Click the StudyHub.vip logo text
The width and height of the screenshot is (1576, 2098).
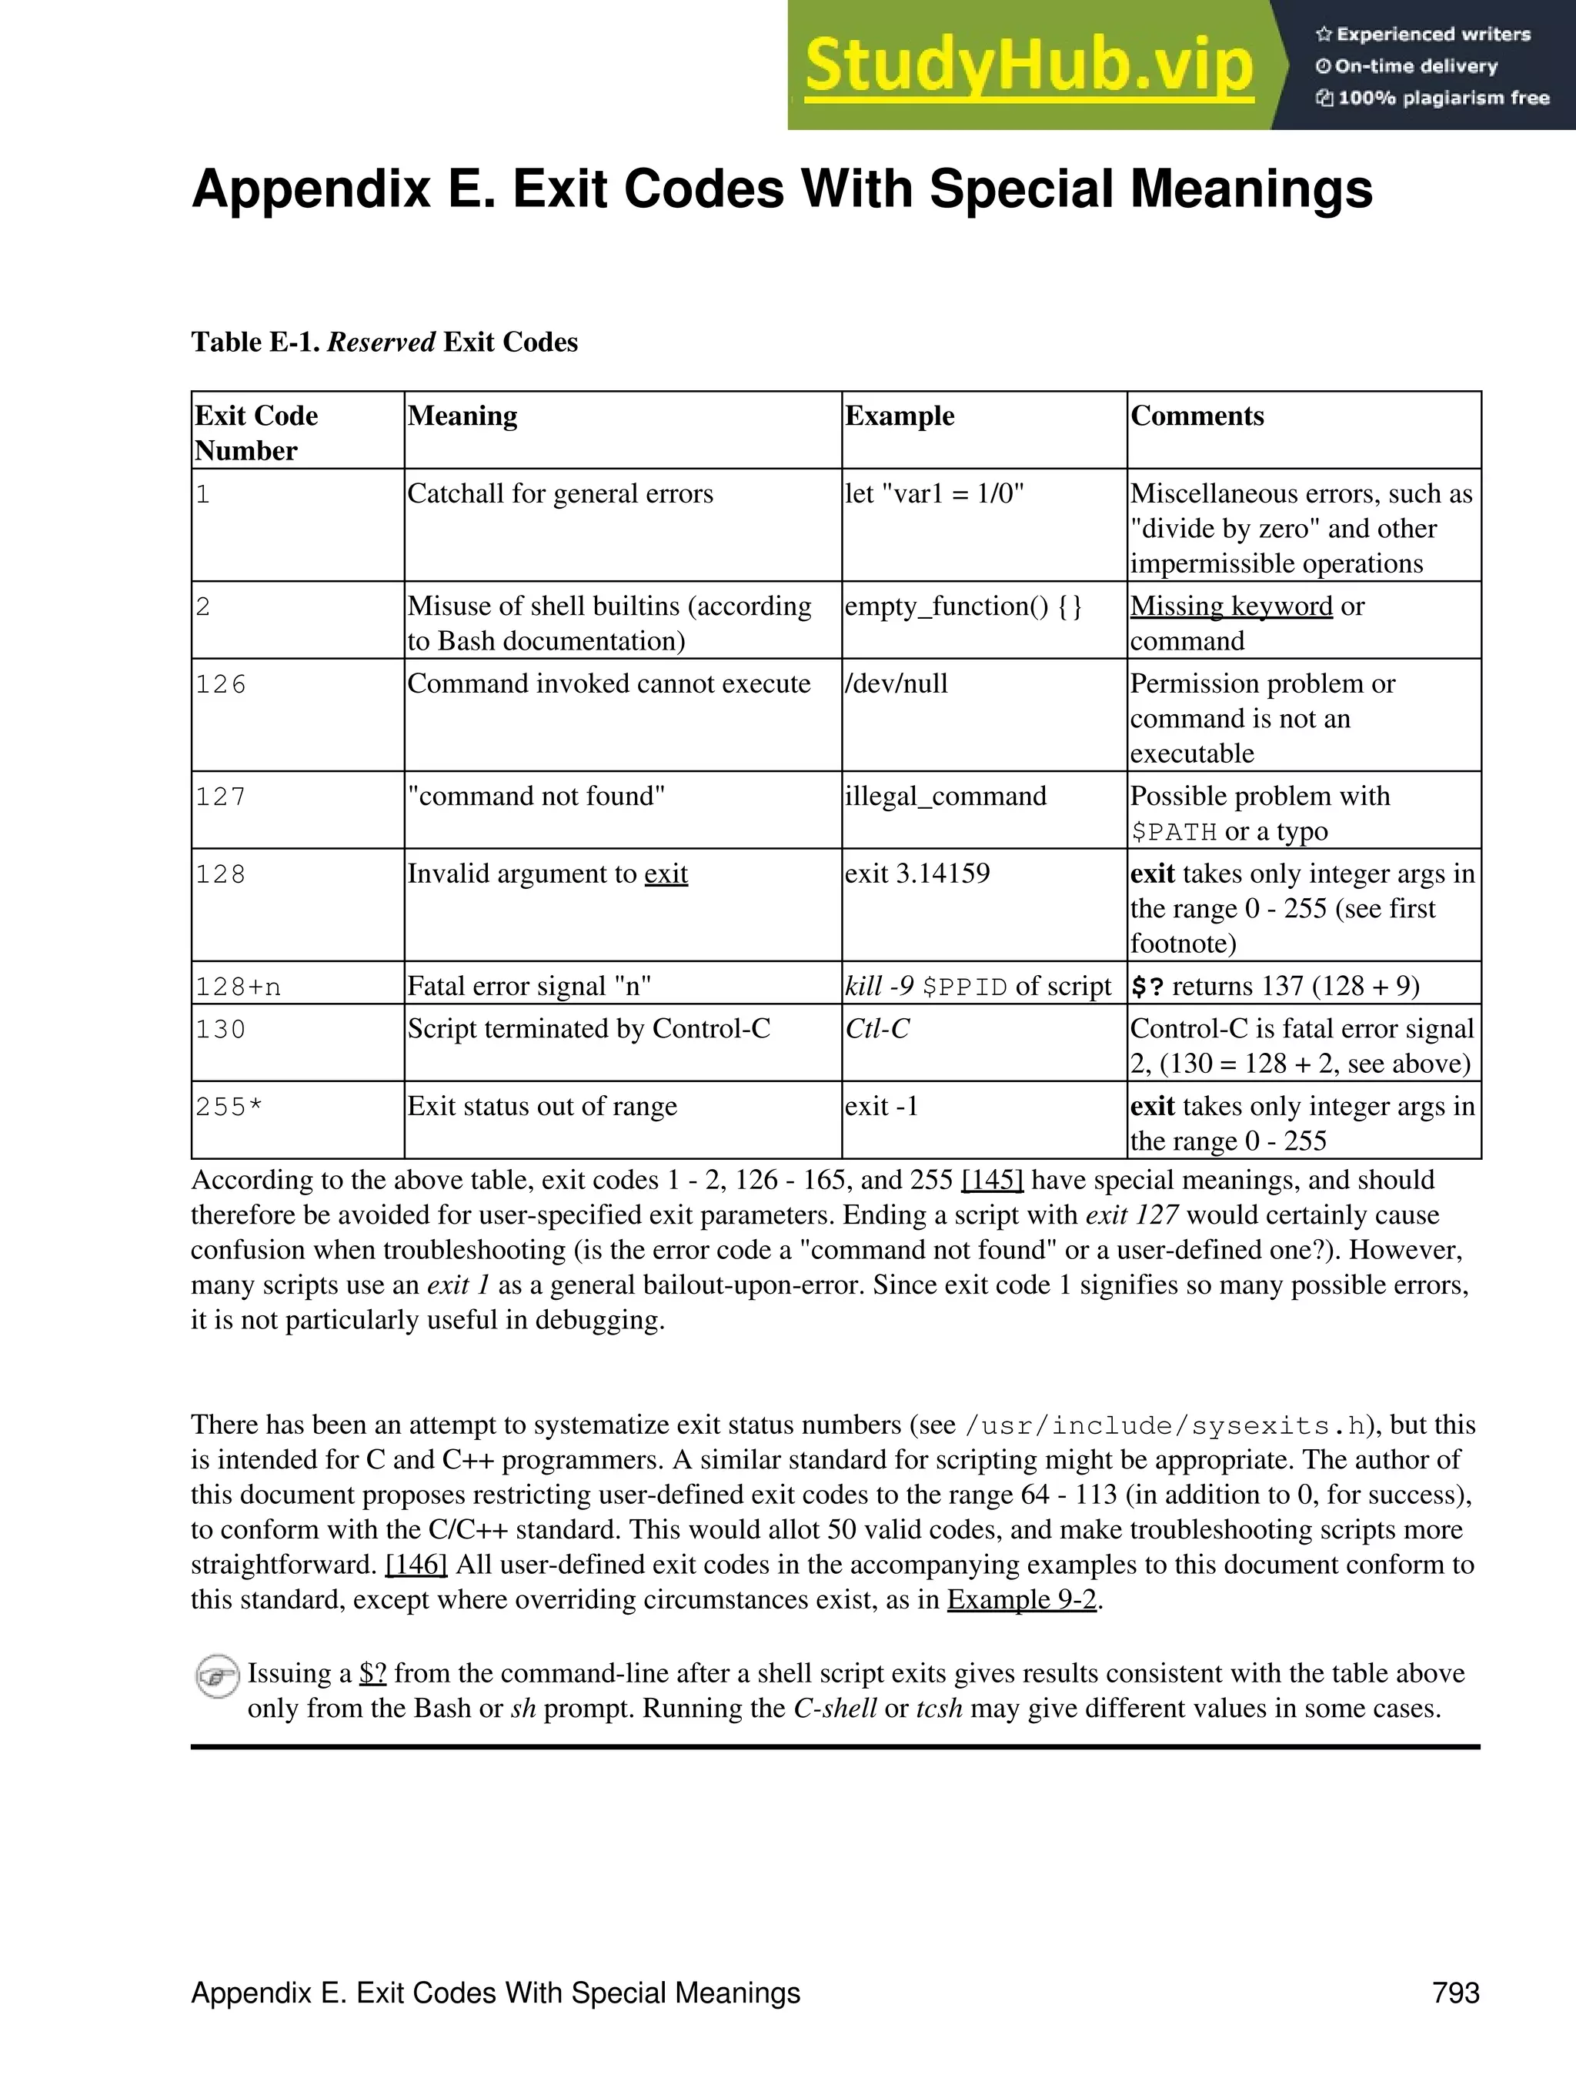click(x=1029, y=65)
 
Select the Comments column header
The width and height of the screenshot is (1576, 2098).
click(x=1197, y=416)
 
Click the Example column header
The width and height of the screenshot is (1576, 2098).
click(x=899, y=416)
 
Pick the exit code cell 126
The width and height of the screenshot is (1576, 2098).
click(x=220, y=684)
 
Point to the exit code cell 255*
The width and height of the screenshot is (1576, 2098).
click(x=229, y=1106)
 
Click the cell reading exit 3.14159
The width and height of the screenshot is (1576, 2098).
click(x=917, y=874)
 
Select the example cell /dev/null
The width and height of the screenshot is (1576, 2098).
click(x=896, y=684)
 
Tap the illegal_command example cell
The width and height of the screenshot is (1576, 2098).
click(x=946, y=796)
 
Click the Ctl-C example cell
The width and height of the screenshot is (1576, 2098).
click(x=876, y=1029)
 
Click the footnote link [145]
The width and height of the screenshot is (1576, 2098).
click(x=992, y=1180)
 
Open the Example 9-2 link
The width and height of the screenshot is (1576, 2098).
click(x=1021, y=1599)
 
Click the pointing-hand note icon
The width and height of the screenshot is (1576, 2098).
click(x=216, y=1677)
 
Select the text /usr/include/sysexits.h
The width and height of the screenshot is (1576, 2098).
click(x=1164, y=1426)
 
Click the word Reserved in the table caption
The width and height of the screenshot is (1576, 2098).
click(x=380, y=342)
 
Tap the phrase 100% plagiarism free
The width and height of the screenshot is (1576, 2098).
click(x=1442, y=98)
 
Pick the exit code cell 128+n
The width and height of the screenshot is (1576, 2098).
click(x=238, y=987)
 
